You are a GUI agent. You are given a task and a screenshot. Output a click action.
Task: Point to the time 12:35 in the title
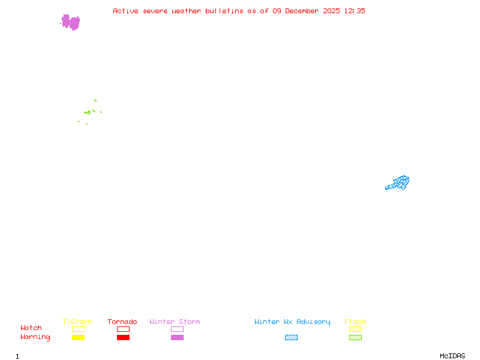point(355,11)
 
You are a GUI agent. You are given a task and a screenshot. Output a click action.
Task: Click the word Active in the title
point(126,11)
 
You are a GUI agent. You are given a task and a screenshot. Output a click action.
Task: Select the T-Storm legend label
point(77,322)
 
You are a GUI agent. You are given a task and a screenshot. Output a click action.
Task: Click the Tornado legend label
point(122,322)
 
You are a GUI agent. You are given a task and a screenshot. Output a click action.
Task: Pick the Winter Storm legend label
point(175,322)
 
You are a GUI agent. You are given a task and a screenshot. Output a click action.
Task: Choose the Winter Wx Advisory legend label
point(292,322)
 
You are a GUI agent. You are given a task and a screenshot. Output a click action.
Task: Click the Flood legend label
point(355,322)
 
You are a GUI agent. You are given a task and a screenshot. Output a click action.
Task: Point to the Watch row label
point(31,328)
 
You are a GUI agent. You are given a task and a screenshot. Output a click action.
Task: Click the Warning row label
point(35,337)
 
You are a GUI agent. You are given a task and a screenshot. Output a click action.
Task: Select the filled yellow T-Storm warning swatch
point(78,337)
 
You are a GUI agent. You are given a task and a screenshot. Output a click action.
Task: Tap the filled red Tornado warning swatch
point(123,337)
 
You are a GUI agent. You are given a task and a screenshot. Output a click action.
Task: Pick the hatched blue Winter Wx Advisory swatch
point(291,337)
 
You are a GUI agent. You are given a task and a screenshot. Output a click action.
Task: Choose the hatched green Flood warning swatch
point(355,337)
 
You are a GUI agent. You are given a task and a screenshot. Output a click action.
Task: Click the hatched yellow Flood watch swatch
point(355,329)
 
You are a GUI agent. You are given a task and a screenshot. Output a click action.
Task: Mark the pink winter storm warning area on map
point(71,23)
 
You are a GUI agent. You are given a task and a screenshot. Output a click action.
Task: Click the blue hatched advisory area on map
point(399,182)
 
